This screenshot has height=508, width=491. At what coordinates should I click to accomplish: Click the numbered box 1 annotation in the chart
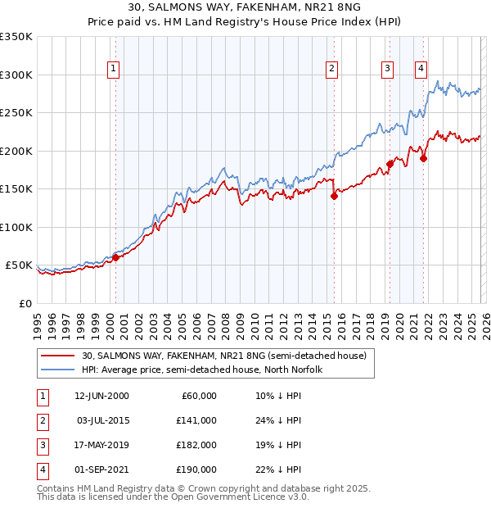tap(112, 69)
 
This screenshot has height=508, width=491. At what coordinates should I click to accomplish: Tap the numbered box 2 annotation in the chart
tap(331, 69)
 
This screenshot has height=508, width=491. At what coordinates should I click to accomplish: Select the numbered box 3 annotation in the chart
tap(386, 69)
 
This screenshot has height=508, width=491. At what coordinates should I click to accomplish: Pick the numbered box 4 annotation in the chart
tap(421, 69)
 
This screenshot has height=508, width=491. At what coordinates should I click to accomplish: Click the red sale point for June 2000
tap(115, 257)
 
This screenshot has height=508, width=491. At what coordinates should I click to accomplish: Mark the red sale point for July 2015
tap(334, 195)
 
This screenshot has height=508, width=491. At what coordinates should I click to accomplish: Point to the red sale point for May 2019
tap(390, 164)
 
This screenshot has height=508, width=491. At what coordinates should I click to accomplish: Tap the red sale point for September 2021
tap(423, 158)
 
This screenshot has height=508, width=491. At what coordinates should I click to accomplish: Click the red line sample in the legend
tap(57, 356)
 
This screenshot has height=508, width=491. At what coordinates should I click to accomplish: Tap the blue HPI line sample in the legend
tap(57, 370)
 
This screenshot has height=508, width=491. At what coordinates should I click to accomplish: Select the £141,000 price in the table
tap(197, 420)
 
